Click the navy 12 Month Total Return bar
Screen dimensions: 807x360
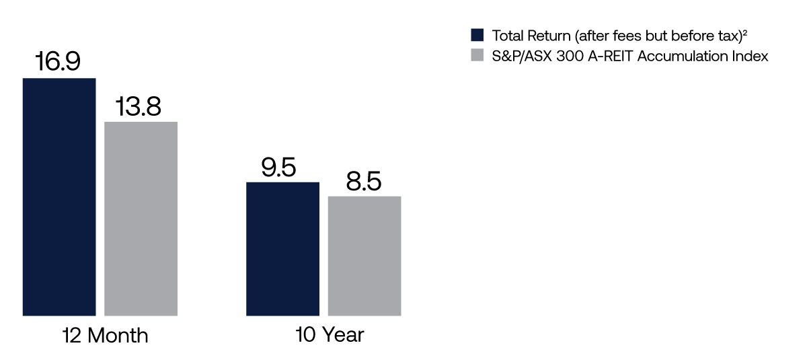click(59, 196)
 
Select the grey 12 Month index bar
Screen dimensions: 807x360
click(141, 219)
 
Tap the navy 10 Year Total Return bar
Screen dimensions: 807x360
click(283, 249)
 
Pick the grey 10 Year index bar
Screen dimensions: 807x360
click(364, 256)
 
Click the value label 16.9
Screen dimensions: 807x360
click(58, 61)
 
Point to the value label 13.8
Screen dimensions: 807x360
click(139, 107)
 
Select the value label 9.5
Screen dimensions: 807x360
click(278, 167)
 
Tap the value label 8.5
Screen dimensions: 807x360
click(364, 181)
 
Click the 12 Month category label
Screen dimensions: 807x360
click(105, 336)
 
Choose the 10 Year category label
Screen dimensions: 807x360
click(330, 335)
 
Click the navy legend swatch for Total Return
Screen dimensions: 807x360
click(477, 35)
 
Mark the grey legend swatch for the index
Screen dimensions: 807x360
click(477, 55)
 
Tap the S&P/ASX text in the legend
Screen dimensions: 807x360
click(522, 57)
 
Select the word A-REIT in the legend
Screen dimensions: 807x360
click(611, 57)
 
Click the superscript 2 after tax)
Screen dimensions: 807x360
click(744, 32)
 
